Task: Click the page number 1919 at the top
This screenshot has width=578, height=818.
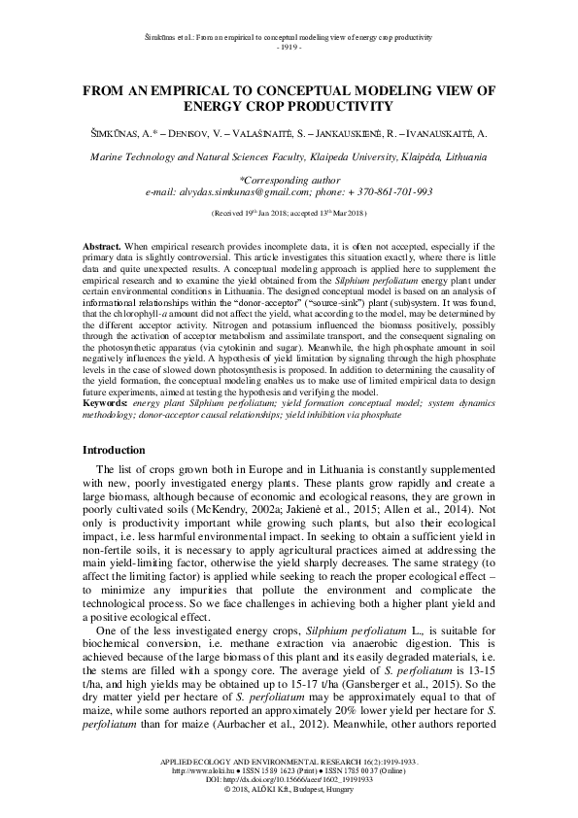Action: (289, 47)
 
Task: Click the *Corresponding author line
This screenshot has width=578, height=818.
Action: (289, 181)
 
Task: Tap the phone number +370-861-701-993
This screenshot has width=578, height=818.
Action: (399, 192)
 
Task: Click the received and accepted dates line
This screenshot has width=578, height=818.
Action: (289, 210)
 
